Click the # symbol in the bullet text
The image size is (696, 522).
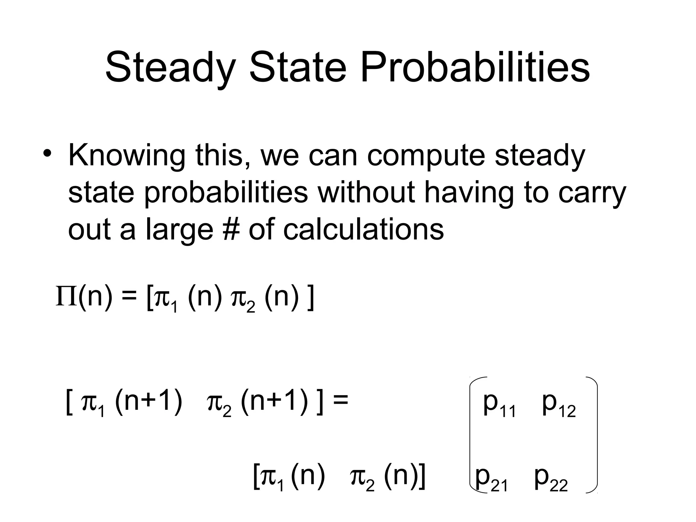pyautogui.click(x=231, y=229)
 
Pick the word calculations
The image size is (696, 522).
pyautogui.click(x=363, y=229)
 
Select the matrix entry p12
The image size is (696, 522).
pyautogui.click(x=559, y=404)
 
